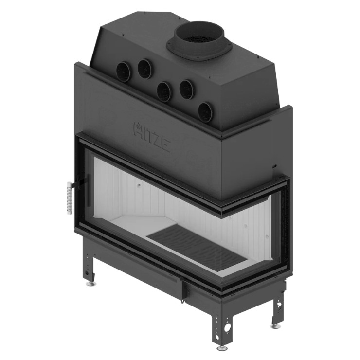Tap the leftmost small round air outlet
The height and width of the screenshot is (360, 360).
tap(123, 71)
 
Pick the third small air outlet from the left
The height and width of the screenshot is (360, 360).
tap(163, 91)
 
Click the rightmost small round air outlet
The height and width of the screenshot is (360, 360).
tap(205, 111)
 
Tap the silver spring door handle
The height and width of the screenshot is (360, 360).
tap(69, 198)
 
